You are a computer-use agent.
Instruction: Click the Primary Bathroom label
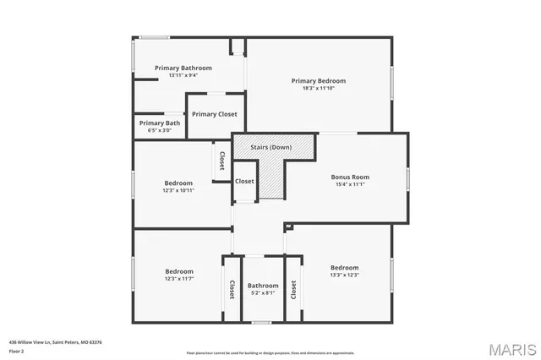183,68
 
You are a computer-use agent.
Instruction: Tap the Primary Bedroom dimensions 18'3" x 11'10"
319,89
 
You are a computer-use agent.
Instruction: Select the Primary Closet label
215,114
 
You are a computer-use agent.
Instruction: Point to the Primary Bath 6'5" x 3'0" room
160,127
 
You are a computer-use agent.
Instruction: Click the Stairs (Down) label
270,147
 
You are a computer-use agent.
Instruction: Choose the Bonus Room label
349,177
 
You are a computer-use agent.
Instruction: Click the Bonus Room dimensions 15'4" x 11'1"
349,184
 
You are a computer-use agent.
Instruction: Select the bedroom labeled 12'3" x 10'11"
178,186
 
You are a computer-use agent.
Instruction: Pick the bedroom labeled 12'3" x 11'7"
179,275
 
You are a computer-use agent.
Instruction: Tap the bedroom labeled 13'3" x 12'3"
344,270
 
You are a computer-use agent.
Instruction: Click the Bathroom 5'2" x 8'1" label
263,289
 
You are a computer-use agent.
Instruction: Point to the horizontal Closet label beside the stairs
244,181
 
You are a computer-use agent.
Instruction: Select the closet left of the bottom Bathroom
232,289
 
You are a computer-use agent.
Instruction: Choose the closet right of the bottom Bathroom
293,289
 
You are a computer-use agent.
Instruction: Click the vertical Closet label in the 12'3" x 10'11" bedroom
221,161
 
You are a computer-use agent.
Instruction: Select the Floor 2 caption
16,351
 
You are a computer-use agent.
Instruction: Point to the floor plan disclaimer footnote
270,352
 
